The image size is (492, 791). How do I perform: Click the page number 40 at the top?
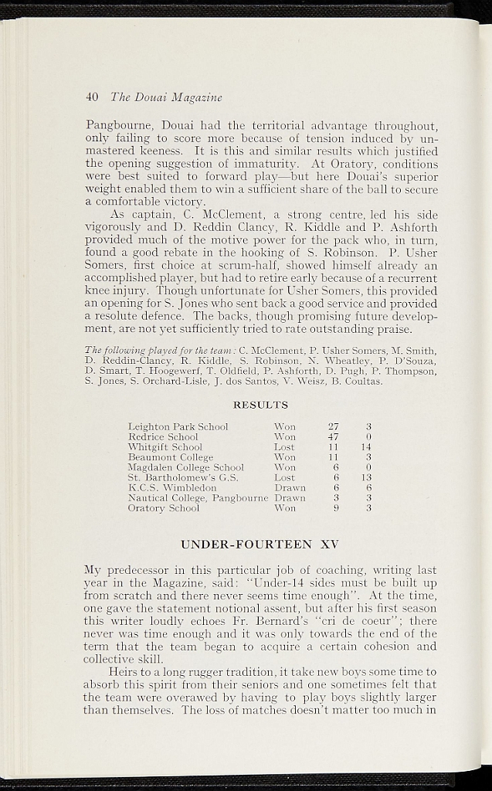92,97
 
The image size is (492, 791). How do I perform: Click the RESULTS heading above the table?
260,405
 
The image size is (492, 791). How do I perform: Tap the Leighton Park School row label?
178,426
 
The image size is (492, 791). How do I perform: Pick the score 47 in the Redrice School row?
334,436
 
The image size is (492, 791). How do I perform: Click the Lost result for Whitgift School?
284,446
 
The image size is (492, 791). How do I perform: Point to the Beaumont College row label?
170,457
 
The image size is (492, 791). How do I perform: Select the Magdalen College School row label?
185,467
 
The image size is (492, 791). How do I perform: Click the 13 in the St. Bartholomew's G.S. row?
367,477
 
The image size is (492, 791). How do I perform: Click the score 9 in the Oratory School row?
337,508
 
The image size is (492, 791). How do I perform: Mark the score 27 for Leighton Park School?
334,426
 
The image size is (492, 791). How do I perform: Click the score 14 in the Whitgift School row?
367,446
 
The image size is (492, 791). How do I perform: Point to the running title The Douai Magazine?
166,97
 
